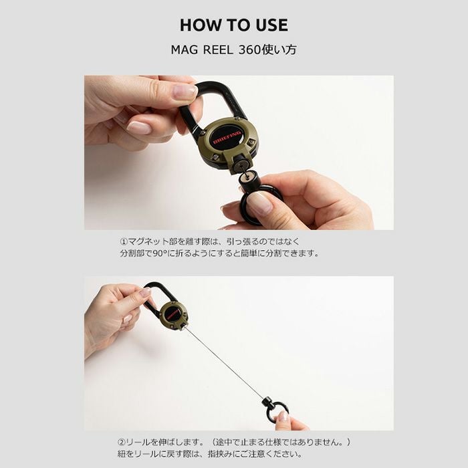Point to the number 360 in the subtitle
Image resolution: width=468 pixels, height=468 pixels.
click(250, 50)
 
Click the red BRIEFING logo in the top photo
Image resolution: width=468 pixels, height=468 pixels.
click(227, 137)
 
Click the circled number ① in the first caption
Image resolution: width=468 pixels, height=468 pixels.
click(124, 241)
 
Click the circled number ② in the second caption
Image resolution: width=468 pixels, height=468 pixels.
click(122, 442)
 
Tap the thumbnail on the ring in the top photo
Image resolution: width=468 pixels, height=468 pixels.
click(260, 205)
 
